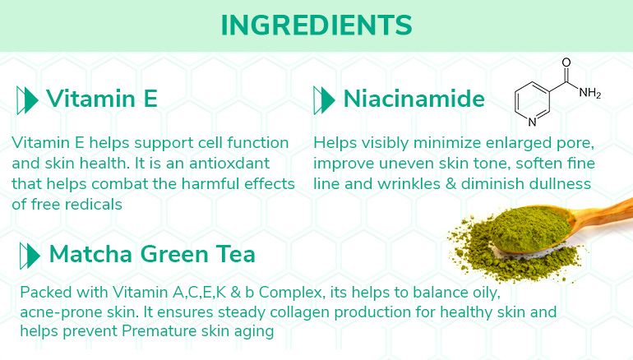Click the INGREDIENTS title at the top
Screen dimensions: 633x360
(316, 25)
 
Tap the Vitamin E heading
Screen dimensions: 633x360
(102, 99)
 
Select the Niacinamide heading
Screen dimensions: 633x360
(414, 99)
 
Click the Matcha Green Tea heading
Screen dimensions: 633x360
(152, 254)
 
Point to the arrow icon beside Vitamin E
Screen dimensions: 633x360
(27, 100)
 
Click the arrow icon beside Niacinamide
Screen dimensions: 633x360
(324, 100)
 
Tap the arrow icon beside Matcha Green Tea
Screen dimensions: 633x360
(30, 256)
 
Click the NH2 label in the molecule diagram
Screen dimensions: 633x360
(589, 93)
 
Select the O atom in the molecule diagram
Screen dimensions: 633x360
(566, 62)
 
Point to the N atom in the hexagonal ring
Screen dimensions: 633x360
(532, 122)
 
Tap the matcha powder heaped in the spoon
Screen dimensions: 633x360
(529, 228)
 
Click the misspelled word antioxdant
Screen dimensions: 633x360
(229, 163)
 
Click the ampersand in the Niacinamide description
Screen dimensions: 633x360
(450, 184)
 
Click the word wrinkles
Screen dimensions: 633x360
(409, 183)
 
